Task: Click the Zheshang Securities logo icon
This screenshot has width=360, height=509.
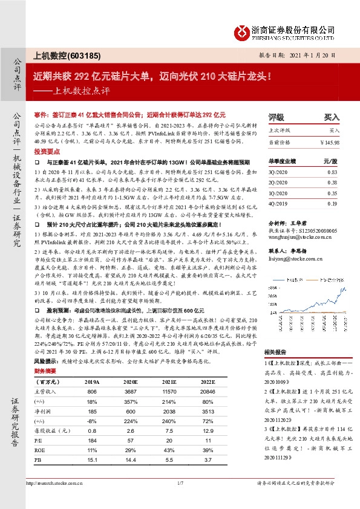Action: pos(244,31)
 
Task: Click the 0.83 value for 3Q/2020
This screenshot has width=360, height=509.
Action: pos(330,173)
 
